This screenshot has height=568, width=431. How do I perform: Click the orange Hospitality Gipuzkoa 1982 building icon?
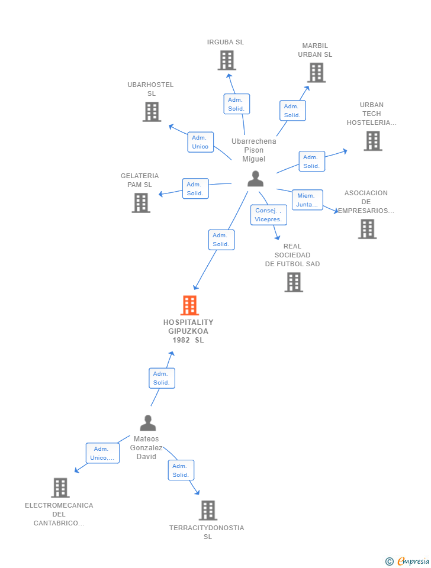[189, 305]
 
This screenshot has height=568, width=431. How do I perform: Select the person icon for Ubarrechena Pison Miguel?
[255, 179]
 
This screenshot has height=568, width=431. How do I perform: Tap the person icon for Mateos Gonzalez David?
[147, 422]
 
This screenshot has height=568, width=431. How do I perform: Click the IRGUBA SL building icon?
[227, 60]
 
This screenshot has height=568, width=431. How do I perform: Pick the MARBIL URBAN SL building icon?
[317, 73]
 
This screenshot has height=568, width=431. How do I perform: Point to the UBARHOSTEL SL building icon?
[152, 111]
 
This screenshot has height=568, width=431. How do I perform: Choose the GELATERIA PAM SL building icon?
[141, 203]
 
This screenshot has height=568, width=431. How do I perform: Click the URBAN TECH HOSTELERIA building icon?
[372, 141]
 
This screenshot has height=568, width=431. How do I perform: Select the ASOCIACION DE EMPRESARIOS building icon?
[367, 229]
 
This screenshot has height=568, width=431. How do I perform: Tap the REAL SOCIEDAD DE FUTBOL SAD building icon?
[294, 282]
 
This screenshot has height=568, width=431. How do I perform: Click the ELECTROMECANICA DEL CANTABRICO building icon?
[60, 488]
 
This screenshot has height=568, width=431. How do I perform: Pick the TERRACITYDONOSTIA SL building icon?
[208, 510]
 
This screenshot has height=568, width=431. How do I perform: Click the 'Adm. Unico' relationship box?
[200, 142]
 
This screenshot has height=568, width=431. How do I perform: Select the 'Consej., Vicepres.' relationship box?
[268, 215]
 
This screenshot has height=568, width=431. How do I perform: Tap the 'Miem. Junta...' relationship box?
[307, 200]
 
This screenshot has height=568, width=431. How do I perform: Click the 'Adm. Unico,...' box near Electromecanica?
[102, 453]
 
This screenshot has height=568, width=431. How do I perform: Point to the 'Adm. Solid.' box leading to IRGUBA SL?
[236, 104]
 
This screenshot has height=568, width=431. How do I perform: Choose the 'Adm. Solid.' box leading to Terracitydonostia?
[181, 470]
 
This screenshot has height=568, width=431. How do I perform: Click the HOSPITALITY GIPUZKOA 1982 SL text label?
[188, 331]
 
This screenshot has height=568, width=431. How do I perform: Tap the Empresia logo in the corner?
[409, 561]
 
